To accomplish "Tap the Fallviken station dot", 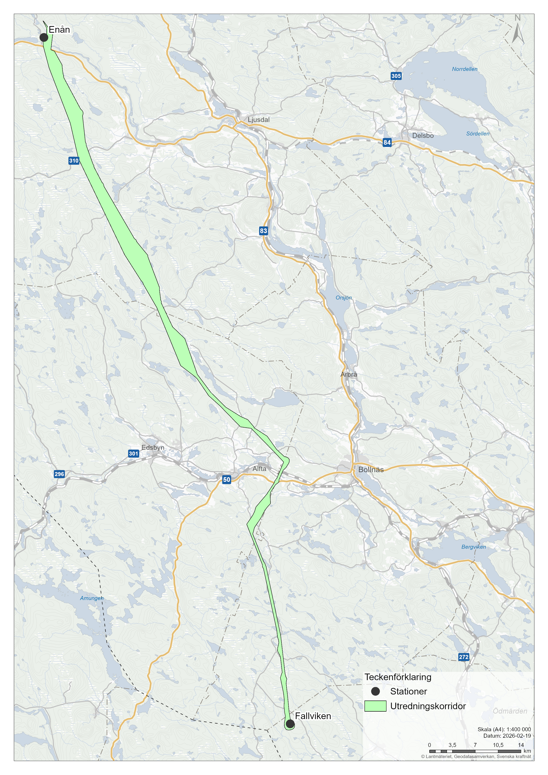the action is pyautogui.click(x=290, y=724).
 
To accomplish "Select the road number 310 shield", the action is pyautogui.click(x=74, y=161).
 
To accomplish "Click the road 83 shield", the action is pyautogui.click(x=263, y=231).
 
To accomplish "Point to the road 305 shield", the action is pyautogui.click(x=396, y=76).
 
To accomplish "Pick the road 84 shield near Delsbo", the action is pyautogui.click(x=387, y=142).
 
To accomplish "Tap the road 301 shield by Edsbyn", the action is pyautogui.click(x=133, y=453).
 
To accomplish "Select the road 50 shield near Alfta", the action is pyautogui.click(x=226, y=479).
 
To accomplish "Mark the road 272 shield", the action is pyautogui.click(x=464, y=657).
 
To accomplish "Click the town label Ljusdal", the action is pyautogui.click(x=259, y=120).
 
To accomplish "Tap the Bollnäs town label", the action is pyautogui.click(x=371, y=469).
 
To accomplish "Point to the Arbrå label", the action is pyautogui.click(x=348, y=374).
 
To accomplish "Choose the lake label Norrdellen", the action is pyautogui.click(x=465, y=69).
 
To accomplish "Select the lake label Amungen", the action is pyautogui.click(x=91, y=598).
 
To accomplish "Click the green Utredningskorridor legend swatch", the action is pyautogui.click(x=375, y=706).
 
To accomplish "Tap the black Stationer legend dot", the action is pyautogui.click(x=375, y=691).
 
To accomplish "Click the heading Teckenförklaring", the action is pyautogui.click(x=398, y=677).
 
